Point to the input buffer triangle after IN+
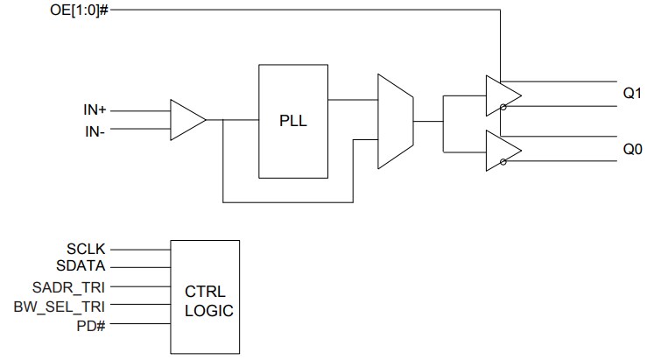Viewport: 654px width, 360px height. [x=186, y=120]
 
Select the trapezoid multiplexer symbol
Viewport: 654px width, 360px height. [x=393, y=121]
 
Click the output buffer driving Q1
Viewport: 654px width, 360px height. [x=502, y=95]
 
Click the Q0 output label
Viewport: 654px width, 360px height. [x=632, y=149]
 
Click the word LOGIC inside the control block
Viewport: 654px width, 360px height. [x=208, y=309]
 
